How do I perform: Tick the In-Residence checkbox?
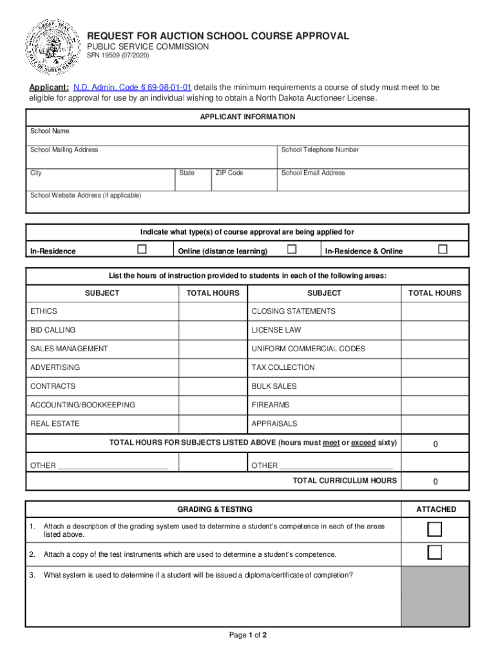pos(142,249)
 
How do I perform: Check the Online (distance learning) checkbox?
pos(292,249)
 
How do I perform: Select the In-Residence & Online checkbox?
pos(442,249)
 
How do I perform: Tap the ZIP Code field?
pos(243,182)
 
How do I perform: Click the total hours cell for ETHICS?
pos(213,311)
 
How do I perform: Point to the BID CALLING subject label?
pos(53,330)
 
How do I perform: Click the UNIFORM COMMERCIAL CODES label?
pos(308,349)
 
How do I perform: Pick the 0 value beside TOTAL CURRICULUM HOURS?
pos(435,481)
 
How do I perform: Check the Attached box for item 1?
pos(435,530)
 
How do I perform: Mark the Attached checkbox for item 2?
pos(435,553)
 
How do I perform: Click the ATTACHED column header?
pos(435,509)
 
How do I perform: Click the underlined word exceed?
pos(363,443)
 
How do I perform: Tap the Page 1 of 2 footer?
pos(248,635)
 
